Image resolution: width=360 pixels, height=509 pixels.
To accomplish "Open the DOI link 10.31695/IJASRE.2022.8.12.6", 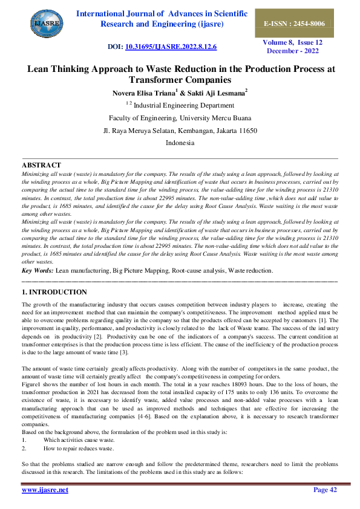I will (171, 47).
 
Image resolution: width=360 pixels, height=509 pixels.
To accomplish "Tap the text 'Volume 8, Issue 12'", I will (292, 42).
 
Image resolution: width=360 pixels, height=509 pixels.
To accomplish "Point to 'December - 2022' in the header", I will (293, 51).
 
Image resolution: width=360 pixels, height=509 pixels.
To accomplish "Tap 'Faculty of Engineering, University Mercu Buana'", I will (180, 118).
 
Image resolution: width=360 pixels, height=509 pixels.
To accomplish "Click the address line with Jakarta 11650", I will (180, 131).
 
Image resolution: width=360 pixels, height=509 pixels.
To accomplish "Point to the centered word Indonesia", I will (180, 143).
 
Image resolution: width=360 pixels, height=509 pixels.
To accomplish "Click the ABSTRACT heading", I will (41, 165).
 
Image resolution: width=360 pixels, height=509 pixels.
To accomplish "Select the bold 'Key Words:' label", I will (38, 270).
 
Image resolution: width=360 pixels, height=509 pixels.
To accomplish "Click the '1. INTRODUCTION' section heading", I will (54, 292).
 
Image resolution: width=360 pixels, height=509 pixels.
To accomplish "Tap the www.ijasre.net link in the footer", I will (45, 490).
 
